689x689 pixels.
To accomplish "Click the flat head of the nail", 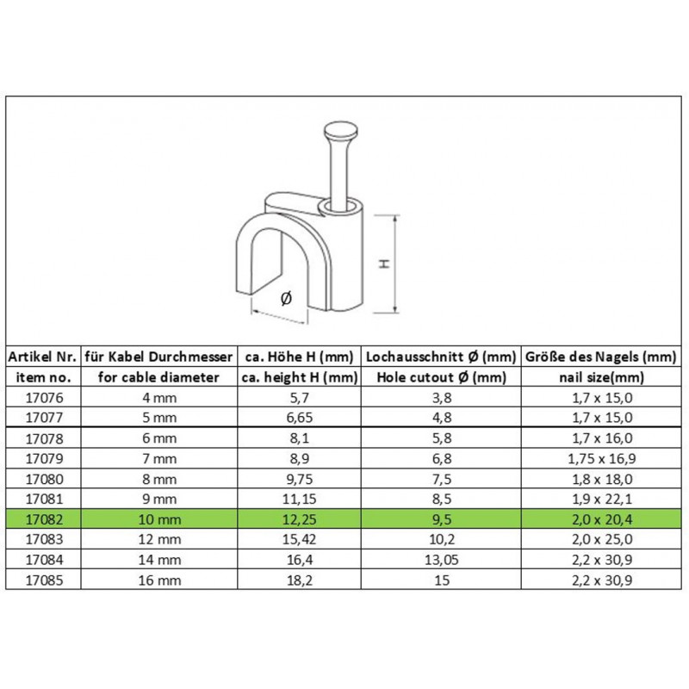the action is (340, 131).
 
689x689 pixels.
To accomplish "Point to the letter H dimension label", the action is (384, 264).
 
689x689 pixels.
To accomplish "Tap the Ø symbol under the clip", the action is (286, 299).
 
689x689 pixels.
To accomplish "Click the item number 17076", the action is (45, 398).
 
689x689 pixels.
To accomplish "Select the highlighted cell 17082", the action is (45, 519).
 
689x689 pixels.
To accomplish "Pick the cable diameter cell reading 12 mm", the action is (159, 539).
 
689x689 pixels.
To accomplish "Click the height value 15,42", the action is (299, 539).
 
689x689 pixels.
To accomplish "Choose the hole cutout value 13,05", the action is (442, 560).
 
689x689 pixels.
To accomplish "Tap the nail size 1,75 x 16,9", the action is (601, 459).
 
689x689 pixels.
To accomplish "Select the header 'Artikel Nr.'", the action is (42, 357).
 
